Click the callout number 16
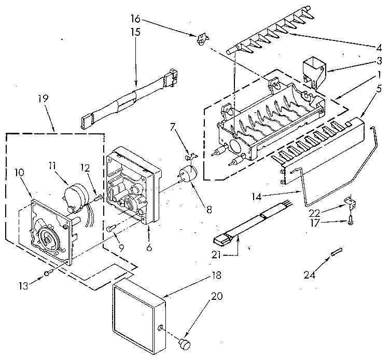(135, 19)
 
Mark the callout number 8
(209, 210)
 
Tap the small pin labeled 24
(337, 252)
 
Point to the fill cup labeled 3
(313, 72)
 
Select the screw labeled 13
(47, 272)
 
